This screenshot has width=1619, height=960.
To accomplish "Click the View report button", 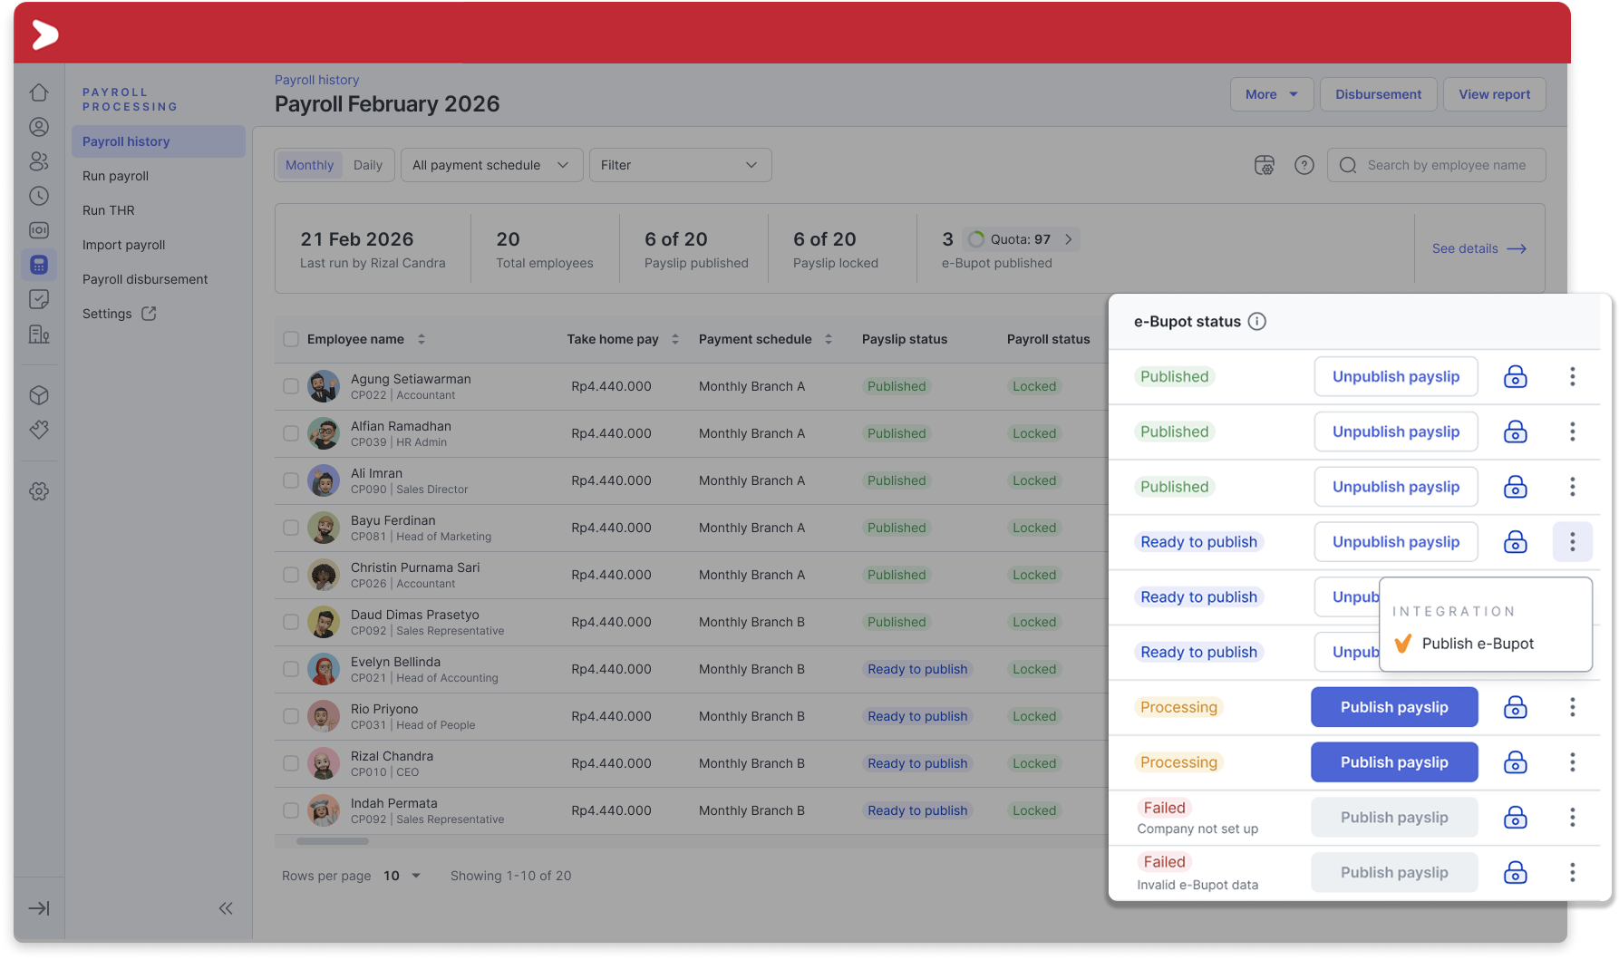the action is (x=1494, y=94).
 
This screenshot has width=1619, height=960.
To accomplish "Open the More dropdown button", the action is (x=1271, y=94).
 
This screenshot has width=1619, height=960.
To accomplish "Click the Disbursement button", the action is (x=1378, y=94).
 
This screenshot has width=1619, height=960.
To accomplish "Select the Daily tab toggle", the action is (x=368, y=165).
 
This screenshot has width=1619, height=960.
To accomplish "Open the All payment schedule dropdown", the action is (x=491, y=165).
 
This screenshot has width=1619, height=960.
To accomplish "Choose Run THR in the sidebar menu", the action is (x=109, y=210).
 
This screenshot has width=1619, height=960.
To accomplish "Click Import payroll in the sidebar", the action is (x=124, y=245).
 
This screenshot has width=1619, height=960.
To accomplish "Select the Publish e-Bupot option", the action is (x=1478, y=644).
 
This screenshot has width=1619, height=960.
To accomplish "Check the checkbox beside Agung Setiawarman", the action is (x=291, y=386).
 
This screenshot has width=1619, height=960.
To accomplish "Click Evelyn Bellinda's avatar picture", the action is (x=324, y=669).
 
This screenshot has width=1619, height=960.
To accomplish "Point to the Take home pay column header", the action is (x=613, y=339).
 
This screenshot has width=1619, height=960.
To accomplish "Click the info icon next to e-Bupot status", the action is (x=1257, y=321).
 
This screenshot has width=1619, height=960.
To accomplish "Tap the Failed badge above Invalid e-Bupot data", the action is (x=1164, y=862).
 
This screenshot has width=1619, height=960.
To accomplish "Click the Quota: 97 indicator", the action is (x=1020, y=239).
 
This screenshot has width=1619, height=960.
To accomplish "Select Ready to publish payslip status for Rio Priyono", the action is (x=917, y=716).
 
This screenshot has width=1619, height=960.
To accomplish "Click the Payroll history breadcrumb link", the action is (x=317, y=80).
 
